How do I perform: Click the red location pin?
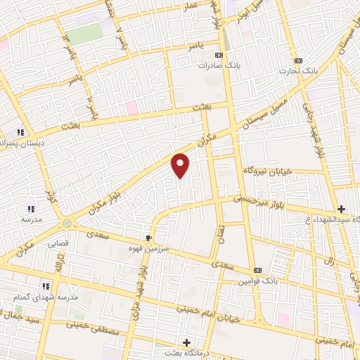click(x=181, y=165)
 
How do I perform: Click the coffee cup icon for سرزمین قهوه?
click(x=148, y=238)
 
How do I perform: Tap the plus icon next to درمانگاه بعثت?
click(x=186, y=342)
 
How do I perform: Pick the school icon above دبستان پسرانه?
click(x=21, y=131)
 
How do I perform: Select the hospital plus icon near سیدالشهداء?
click(x=341, y=209)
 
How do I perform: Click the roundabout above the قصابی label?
click(x=67, y=224)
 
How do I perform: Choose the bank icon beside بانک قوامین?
click(x=257, y=270)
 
